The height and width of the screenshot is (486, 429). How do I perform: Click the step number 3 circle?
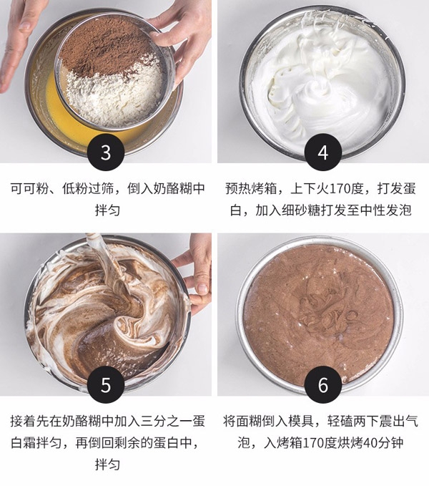106,153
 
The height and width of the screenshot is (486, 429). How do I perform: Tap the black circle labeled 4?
322,153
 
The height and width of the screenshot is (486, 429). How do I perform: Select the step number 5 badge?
106,385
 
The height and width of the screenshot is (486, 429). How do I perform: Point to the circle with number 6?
322,385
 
